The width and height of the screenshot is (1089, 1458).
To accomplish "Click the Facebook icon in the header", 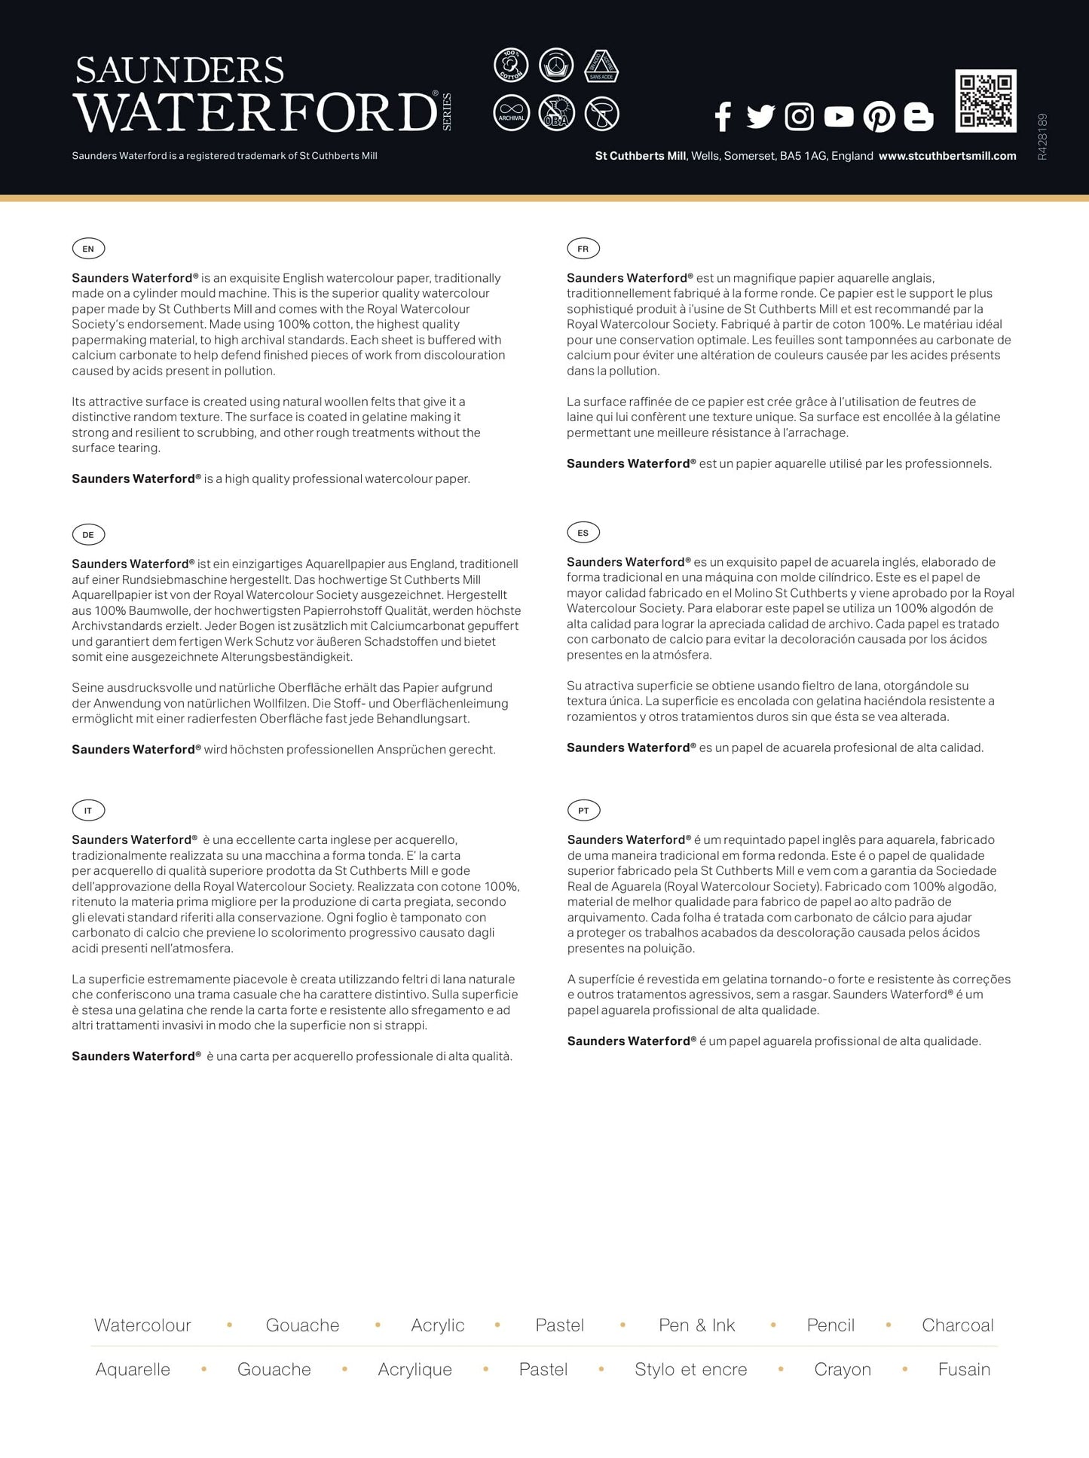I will click(x=723, y=116).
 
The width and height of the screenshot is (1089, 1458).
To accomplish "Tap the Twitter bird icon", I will click(x=760, y=116).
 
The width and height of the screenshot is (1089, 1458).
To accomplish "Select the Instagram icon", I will click(x=799, y=116).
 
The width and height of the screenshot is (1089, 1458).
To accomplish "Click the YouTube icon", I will click(x=838, y=116).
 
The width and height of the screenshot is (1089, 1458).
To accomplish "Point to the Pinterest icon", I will click(x=879, y=116).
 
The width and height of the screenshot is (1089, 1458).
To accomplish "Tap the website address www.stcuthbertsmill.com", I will click(x=947, y=156).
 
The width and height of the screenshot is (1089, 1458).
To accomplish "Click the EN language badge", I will click(x=88, y=249).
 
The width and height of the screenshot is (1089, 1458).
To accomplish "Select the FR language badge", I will click(x=583, y=249).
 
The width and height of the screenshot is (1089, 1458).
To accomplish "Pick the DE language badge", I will click(x=88, y=535).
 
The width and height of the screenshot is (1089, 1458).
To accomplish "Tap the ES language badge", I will click(x=583, y=533).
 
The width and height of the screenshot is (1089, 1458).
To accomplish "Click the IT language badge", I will click(x=88, y=811).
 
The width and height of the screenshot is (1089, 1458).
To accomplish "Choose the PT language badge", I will click(x=583, y=811).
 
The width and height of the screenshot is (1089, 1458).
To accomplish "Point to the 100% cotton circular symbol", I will click(x=511, y=66).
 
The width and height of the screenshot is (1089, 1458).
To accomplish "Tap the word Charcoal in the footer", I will click(x=957, y=1325).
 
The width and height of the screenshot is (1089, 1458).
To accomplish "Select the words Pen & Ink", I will click(x=696, y=1325).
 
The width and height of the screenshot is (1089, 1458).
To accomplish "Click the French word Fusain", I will click(x=964, y=1369).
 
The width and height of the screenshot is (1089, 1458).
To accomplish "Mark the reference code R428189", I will click(x=1042, y=136).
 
